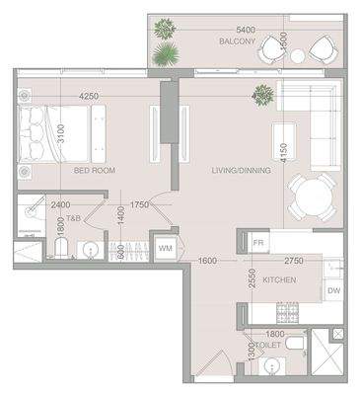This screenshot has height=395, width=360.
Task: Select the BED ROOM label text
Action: pyautogui.click(x=96, y=170)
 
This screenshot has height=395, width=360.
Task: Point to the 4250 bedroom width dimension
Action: pyautogui.click(x=90, y=96)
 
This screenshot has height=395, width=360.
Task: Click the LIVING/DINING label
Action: pyautogui.click(x=241, y=170)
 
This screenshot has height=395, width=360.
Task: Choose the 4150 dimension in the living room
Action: pyautogui.click(x=283, y=153)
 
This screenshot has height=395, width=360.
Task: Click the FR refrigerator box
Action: pyautogui.click(x=258, y=242)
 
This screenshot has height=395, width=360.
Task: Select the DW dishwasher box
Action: pyautogui.click(x=333, y=290)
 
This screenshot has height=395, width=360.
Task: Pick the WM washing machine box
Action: pyautogui.click(x=165, y=248)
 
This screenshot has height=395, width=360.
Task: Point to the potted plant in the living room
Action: pyautogui.click(x=263, y=95)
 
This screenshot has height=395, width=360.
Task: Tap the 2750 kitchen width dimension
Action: pyautogui.click(x=293, y=260)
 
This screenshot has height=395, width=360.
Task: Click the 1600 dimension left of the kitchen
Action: pyautogui.click(x=207, y=260)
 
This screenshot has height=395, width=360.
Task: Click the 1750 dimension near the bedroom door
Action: pyautogui.click(x=139, y=205)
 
